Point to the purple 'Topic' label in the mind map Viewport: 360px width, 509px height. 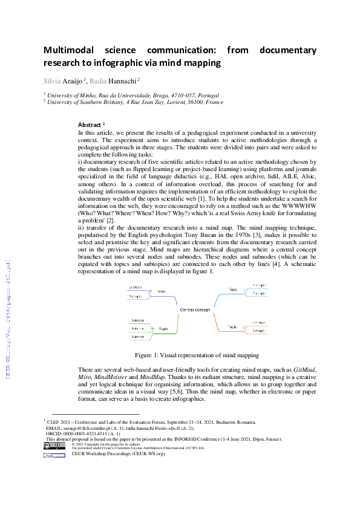tap(161, 291)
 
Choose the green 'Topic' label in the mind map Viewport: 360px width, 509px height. tap(163, 329)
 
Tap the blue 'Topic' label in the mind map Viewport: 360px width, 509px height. tap(232, 290)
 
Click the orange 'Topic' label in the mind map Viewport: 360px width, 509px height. tap(232, 326)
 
